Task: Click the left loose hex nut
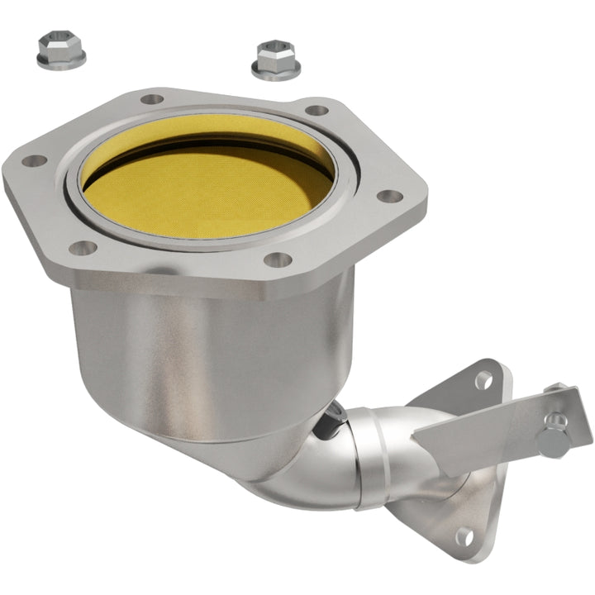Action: pyautogui.click(x=61, y=50)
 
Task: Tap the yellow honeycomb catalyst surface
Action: pyautogui.click(x=207, y=186)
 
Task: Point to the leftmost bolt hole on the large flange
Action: pyautogui.click(x=34, y=160)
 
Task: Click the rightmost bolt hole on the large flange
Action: pyautogui.click(x=388, y=197)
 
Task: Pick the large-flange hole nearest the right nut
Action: pyautogui.click(x=317, y=111)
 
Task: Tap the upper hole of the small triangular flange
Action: pyautogui.click(x=483, y=379)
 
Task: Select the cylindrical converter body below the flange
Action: pyautogui.click(x=207, y=347)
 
